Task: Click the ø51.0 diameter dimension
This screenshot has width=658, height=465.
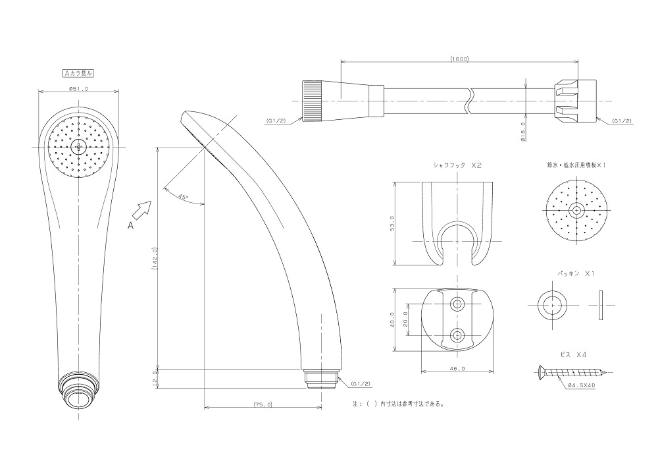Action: (x=78, y=88)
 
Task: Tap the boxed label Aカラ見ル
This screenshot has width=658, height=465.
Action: (x=78, y=73)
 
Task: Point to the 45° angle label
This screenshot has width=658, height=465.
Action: (x=183, y=196)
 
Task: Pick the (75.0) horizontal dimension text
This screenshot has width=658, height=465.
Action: (x=263, y=404)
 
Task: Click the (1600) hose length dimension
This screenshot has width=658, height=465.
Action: (x=459, y=59)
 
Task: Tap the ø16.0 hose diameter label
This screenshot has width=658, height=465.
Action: (x=523, y=132)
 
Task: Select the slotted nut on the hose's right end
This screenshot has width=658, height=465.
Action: (x=576, y=101)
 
